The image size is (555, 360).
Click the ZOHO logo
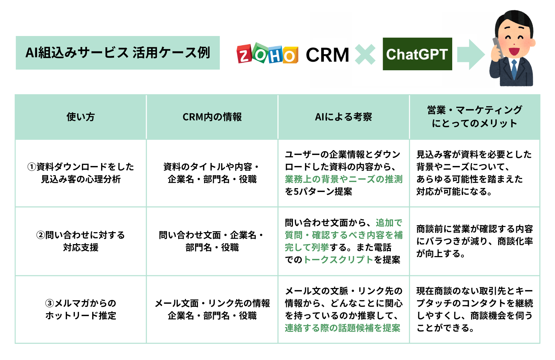coord(267,54)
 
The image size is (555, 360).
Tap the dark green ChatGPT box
coord(417,54)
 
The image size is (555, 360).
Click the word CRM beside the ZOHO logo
coord(327,55)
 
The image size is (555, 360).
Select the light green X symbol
coord(365,54)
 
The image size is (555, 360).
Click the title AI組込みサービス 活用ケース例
coord(118,53)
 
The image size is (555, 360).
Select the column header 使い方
coord(81,117)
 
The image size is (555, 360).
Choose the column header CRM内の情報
coord(212,117)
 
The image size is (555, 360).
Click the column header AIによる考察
coord(343,117)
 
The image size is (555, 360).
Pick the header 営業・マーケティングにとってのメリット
coord(474,117)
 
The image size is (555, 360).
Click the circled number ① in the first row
coord(32,167)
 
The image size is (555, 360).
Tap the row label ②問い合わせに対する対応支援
coord(81,241)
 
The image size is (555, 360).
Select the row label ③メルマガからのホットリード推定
coord(81,309)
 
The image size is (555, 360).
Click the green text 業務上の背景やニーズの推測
coord(343,179)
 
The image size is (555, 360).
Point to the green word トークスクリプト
coord(338,260)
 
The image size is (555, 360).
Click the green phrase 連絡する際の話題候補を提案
coord(342,328)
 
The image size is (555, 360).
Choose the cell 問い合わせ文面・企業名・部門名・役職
coord(212,241)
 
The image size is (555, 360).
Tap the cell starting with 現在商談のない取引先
coord(474,309)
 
